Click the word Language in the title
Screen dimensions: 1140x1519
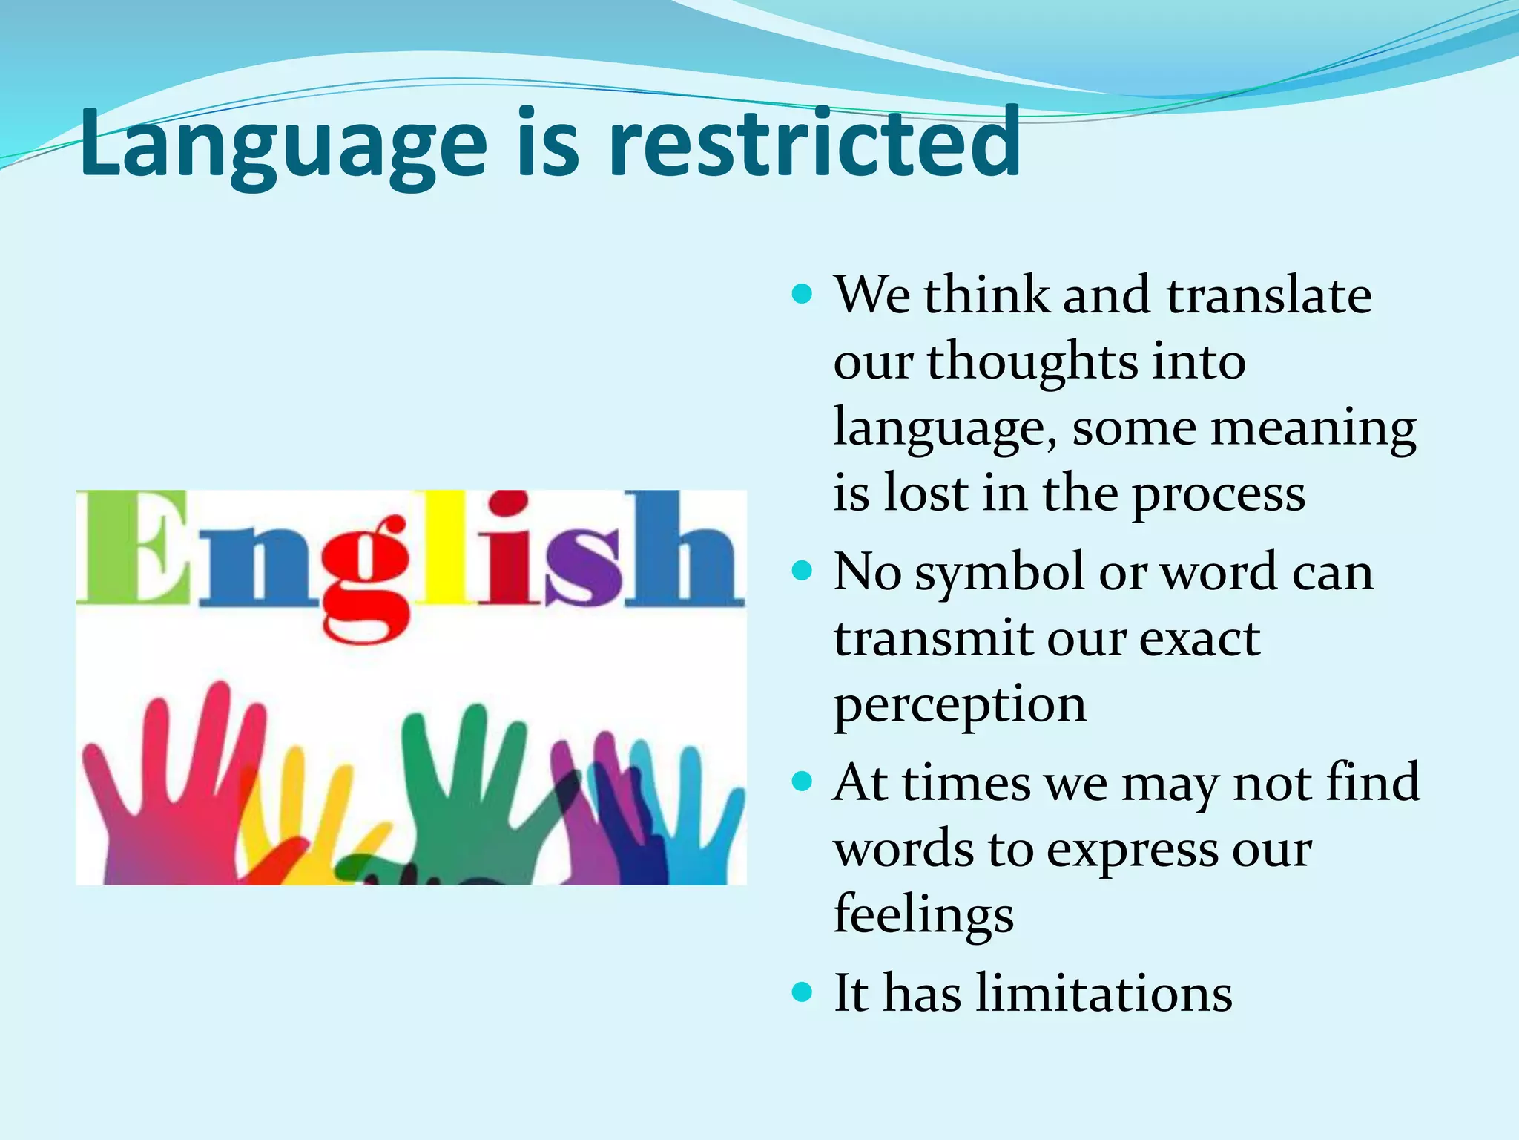tap(282, 145)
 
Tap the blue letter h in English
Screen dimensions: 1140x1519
tap(682, 549)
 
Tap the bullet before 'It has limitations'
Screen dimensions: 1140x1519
tap(802, 992)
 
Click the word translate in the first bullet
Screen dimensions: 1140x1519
tap(1268, 295)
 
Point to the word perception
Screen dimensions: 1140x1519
tap(960, 705)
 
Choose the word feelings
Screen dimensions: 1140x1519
tap(923, 914)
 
